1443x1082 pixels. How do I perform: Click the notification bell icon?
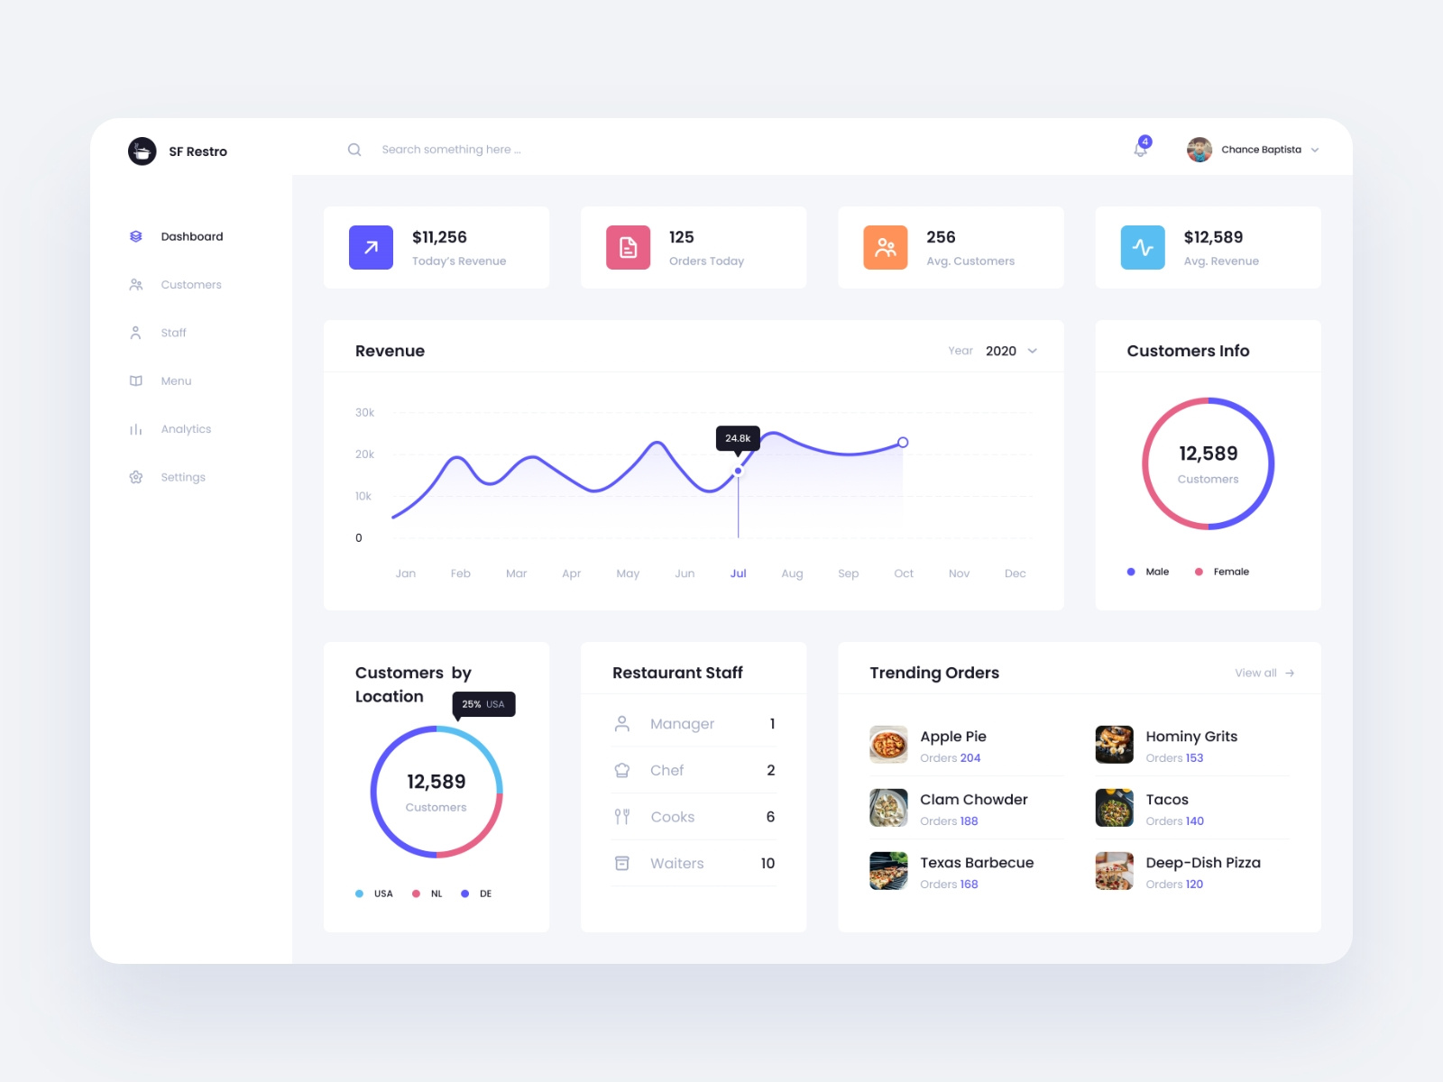click(x=1141, y=150)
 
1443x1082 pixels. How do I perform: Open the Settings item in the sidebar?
click(x=182, y=477)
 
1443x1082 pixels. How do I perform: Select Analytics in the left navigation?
click(x=186, y=429)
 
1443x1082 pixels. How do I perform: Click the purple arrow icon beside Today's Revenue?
click(x=371, y=247)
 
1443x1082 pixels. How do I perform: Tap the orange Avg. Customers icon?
click(x=885, y=247)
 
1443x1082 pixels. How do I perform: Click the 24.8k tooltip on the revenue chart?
click(x=738, y=438)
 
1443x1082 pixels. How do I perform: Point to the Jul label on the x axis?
click(x=738, y=573)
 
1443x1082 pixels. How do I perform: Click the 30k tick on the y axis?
click(x=364, y=412)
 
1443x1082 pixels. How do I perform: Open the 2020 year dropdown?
click(x=1011, y=351)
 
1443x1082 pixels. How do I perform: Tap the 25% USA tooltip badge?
click(x=483, y=704)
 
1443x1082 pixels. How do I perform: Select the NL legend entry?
click(x=436, y=894)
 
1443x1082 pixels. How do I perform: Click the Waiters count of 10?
click(x=767, y=863)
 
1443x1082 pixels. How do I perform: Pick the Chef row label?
click(x=666, y=770)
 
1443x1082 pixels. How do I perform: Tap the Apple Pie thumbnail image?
click(x=888, y=745)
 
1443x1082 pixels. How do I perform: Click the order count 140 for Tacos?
click(x=1195, y=821)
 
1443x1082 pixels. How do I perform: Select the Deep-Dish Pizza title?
click(x=1203, y=863)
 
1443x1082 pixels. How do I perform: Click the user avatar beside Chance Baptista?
click(x=1199, y=150)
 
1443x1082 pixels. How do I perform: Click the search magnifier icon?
click(x=354, y=150)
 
